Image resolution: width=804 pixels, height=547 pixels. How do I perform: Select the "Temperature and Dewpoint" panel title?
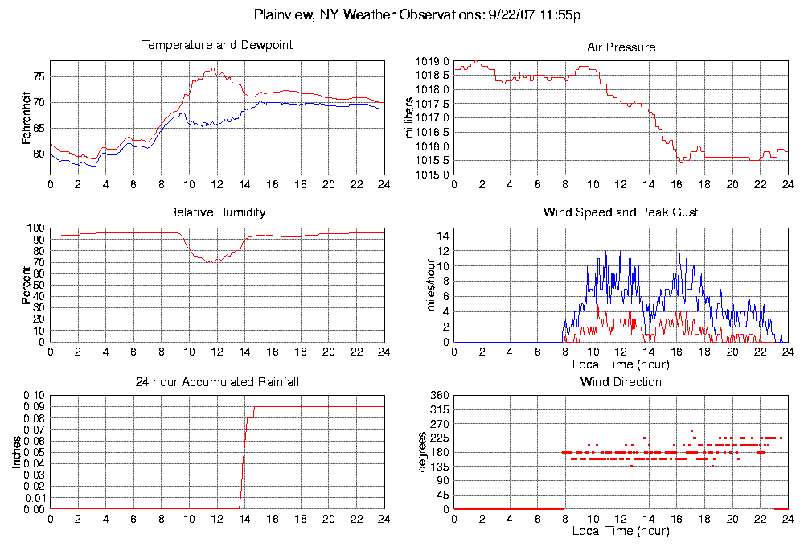pyautogui.click(x=217, y=46)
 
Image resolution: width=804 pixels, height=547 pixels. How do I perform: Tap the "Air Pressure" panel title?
pyautogui.click(x=621, y=47)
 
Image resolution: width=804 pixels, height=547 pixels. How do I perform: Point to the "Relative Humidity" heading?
pyautogui.click(x=217, y=213)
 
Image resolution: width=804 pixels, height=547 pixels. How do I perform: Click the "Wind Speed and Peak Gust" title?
pyautogui.click(x=621, y=213)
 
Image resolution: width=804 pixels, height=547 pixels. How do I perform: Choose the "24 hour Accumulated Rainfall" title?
pyautogui.click(x=217, y=382)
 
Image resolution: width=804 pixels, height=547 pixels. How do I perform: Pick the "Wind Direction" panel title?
pyautogui.click(x=621, y=382)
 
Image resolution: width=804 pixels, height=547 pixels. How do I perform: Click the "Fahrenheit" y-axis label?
pyautogui.click(x=27, y=117)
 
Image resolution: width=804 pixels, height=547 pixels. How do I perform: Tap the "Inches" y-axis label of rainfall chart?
pyautogui.click(x=17, y=453)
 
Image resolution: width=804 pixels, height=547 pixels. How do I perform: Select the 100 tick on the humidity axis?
pyautogui.click(x=35, y=228)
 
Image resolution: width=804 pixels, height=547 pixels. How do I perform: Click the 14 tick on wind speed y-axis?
pyautogui.click(x=442, y=235)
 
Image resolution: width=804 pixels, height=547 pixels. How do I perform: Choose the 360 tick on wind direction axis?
pyautogui.click(x=439, y=397)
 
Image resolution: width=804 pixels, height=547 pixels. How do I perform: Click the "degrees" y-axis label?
pyautogui.click(x=422, y=452)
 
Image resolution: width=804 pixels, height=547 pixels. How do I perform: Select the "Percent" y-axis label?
pyautogui.click(x=27, y=286)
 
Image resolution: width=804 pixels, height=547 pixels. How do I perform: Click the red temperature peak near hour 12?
pyautogui.click(x=214, y=68)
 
